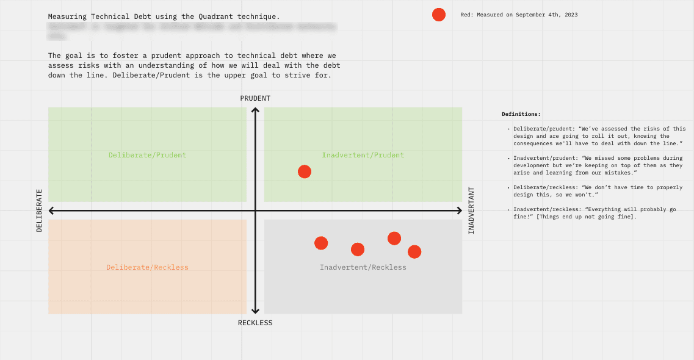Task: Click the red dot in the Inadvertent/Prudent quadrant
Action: tap(305, 172)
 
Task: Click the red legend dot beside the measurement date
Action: tap(439, 15)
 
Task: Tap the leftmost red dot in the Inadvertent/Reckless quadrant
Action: tap(321, 243)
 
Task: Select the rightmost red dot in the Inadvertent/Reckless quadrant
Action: tap(414, 251)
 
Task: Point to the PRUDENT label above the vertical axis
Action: tap(255, 98)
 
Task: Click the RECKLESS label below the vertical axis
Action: tap(255, 323)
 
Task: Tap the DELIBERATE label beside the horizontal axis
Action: tap(40, 211)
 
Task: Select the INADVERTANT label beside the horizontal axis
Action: tap(471, 211)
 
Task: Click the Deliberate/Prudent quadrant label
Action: tap(147, 155)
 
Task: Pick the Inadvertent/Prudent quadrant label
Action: tap(363, 155)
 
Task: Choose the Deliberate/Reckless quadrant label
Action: tap(147, 267)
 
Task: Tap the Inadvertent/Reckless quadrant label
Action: tap(363, 267)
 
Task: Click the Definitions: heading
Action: tap(521, 114)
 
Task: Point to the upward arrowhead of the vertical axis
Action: tap(256, 110)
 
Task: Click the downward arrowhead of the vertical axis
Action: tap(256, 311)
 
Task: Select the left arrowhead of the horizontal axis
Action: tap(51, 211)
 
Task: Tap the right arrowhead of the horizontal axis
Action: tap(459, 211)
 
